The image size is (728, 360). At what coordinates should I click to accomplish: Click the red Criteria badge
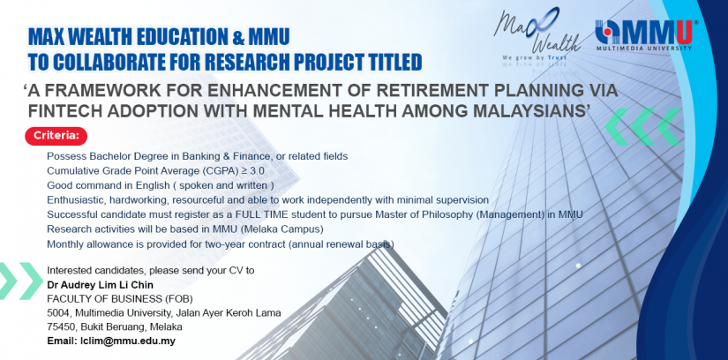[x=56, y=136]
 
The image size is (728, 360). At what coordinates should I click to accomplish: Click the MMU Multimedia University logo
[x=643, y=35]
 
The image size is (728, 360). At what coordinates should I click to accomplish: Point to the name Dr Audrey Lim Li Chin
[x=100, y=285]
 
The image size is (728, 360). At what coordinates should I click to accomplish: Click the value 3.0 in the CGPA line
[x=257, y=171]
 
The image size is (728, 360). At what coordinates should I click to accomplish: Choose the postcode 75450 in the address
[x=59, y=326]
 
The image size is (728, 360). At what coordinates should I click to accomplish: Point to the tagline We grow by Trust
[x=534, y=57]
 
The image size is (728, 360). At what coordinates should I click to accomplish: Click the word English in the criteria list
[x=153, y=186]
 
